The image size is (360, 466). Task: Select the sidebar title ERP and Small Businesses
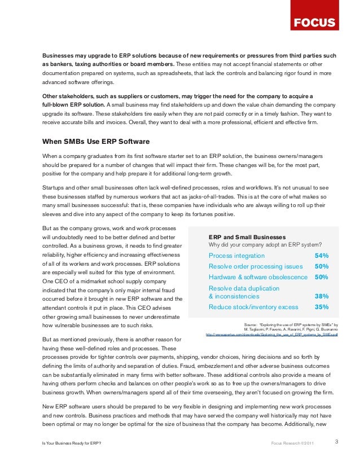(x=247, y=236)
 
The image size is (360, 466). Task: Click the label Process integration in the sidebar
(x=237, y=256)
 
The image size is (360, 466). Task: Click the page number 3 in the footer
(x=337, y=441)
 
